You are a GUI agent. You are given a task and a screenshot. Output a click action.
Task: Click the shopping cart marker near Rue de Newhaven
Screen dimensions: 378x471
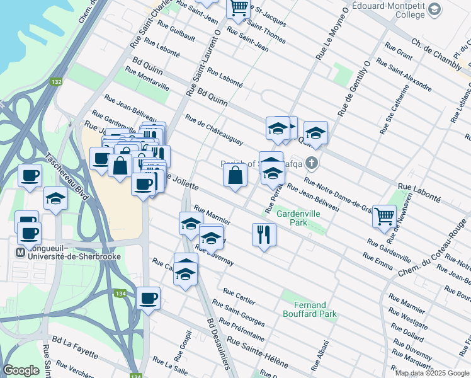(383, 216)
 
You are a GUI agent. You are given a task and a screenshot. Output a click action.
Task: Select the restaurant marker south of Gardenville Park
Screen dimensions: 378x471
(264, 234)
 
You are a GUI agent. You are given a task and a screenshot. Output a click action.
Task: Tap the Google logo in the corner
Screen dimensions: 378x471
(21, 370)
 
